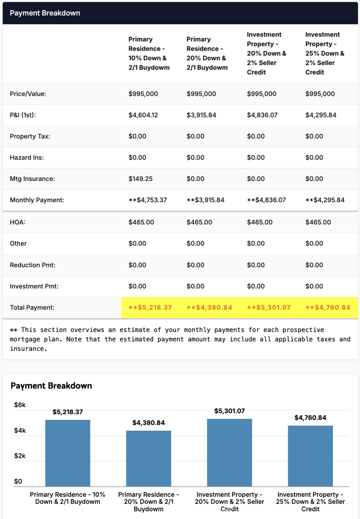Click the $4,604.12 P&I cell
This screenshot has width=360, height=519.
[143, 115]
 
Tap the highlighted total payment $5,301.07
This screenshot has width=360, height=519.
[269, 308]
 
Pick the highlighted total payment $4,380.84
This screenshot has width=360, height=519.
[209, 308]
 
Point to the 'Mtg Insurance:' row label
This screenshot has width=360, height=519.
[32, 179]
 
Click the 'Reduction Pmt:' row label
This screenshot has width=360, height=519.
[32, 265]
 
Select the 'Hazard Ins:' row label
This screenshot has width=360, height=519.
[27, 158]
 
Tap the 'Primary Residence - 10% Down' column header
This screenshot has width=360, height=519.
[149, 53]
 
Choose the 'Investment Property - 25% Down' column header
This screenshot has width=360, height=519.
[325, 53]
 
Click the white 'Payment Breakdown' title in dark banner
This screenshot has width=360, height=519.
[45, 13]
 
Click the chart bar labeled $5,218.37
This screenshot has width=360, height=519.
[67, 453]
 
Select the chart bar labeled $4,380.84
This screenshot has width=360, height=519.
[149, 458]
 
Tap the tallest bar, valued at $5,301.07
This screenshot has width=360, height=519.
[229, 452]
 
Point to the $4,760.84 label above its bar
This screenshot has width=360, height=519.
[310, 418]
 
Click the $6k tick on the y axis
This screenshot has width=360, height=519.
[20, 405]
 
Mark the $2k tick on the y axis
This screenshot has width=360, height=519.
[20, 456]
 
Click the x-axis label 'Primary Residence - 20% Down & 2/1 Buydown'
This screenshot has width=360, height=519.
[149, 502]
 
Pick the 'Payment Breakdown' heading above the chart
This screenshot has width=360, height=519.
[51, 386]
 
